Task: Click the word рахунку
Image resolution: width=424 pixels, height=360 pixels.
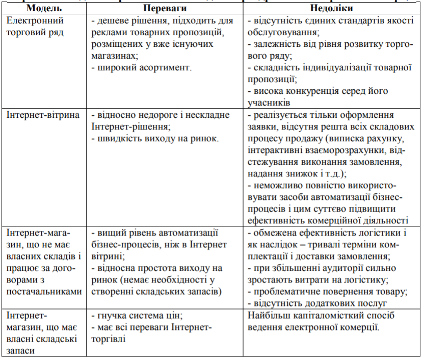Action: tap(386, 138)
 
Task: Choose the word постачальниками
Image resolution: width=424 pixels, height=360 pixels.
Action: tap(44, 292)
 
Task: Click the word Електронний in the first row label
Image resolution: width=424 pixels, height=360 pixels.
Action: tap(35, 21)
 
